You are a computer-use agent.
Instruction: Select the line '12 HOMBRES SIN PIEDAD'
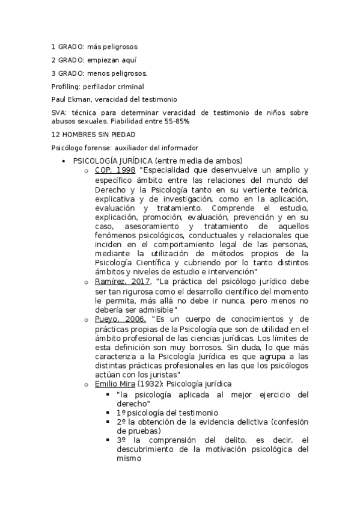(93, 135)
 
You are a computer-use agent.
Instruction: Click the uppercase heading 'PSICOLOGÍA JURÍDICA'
(112, 161)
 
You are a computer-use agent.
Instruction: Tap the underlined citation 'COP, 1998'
(115, 170)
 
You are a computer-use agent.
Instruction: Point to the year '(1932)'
(151, 384)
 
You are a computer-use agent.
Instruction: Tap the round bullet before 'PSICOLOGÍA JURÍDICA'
(64, 161)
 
